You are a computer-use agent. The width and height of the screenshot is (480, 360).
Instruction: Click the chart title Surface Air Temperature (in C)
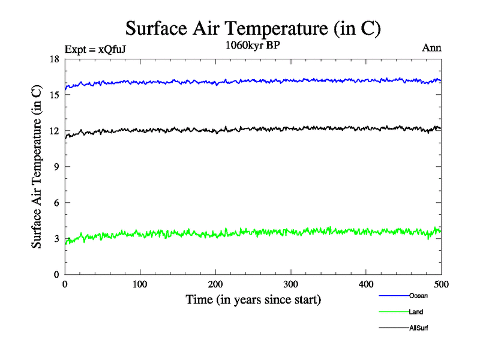pos(253,28)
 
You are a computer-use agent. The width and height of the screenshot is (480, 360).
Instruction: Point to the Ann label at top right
pos(432,49)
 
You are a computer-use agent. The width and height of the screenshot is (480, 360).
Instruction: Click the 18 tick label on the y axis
pos(53,59)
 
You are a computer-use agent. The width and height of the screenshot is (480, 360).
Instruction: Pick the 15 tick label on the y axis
pos(53,95)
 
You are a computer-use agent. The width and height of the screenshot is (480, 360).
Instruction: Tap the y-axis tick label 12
pos(53,131)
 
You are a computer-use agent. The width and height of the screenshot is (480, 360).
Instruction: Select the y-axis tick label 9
pos(56,167)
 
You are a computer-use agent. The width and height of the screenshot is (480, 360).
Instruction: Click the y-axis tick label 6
pos(56,203)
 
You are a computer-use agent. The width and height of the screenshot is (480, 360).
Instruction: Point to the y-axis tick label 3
pos(56,239)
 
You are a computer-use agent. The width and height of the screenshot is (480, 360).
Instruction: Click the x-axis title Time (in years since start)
pos(253,299)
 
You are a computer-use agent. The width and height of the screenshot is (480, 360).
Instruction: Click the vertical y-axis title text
pos(37,167)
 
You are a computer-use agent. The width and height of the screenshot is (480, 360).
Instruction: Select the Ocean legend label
pos(418,296)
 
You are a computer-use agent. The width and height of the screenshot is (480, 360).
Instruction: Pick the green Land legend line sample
pos(393,312)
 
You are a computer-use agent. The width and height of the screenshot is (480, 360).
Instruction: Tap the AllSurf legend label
pos(419,328)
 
